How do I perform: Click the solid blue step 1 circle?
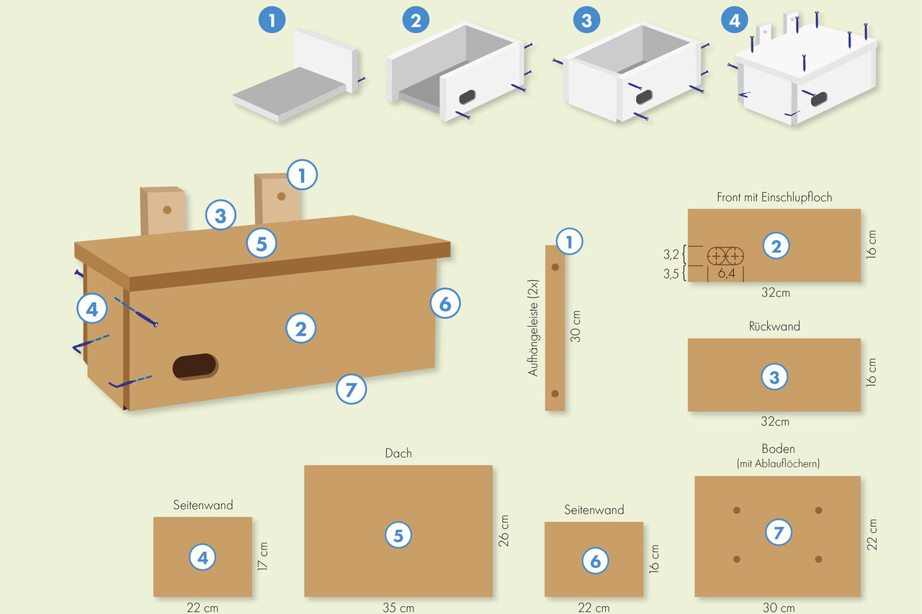pos(272,20)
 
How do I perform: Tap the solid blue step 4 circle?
pos(734,20)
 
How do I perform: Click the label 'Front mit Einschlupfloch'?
pos(774,197)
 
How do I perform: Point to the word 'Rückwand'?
pos(774,326)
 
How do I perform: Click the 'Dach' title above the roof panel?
pos(398,453)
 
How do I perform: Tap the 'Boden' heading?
pos(778,448)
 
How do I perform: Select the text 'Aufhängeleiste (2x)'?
pos(533,328)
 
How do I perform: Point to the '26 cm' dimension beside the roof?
pos(504,531)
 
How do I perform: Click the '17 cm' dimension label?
pos(264,556)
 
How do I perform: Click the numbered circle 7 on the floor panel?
pos(778,533)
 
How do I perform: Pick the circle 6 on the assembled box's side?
pos(445,304)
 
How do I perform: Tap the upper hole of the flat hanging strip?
pos(555,267)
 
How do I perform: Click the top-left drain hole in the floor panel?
pos(736,510)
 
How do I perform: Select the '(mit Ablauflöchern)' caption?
pos(778,464)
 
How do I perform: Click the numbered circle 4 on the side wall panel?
pos(202,557)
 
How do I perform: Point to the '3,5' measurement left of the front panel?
pos(671,274)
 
